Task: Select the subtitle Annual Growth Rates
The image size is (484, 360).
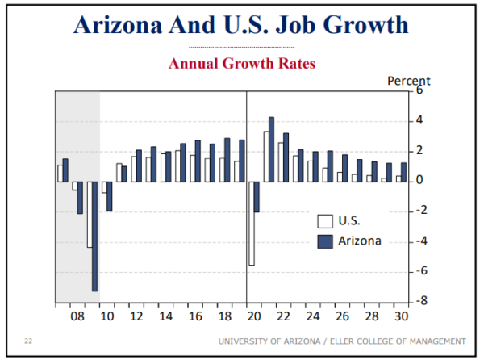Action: [x=241, y=63]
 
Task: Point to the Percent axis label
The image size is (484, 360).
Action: [x=409, y=80]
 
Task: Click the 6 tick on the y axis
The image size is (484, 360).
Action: [x=419, y=90]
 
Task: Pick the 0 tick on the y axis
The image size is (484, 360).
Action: [x=419, y=181]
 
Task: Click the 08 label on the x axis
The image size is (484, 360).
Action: [x=77, y=316]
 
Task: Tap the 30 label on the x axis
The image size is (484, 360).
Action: [x=399, y=316]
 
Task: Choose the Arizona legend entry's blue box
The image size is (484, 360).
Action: [x=325, y=240]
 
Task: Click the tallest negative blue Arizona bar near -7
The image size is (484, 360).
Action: [x=95, y=236]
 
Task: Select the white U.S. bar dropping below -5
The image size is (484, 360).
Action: [x=251, y=223]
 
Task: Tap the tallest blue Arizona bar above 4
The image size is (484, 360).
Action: [x=271, y=149]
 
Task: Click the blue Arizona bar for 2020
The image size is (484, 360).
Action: [x=257, y=196]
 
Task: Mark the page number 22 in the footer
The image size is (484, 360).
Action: [x=28, y=341]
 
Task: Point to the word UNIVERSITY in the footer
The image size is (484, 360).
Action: [x=242, y=341]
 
